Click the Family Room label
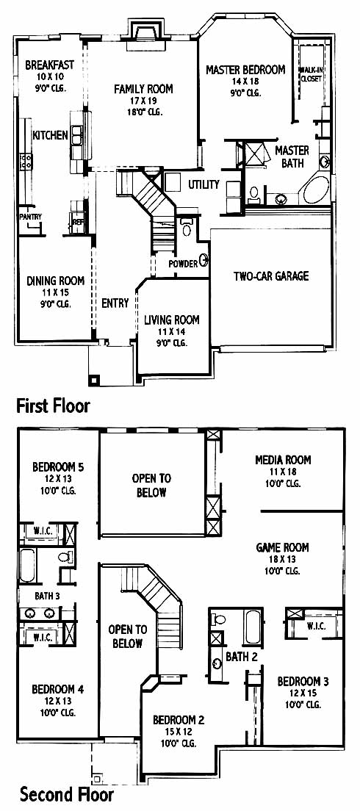143,89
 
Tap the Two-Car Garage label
270,275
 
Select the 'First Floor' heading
54,405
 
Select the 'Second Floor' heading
66,793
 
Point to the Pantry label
31,217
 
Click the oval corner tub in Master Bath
316,190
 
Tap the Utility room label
204,184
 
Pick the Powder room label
184,264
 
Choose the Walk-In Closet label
311,74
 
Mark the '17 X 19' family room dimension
143,101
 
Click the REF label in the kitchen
77,222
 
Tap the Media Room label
283,459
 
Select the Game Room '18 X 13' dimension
283,559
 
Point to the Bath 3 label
47,595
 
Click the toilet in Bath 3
65,557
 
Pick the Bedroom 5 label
58,467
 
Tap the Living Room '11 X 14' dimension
171,331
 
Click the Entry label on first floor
115,303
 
